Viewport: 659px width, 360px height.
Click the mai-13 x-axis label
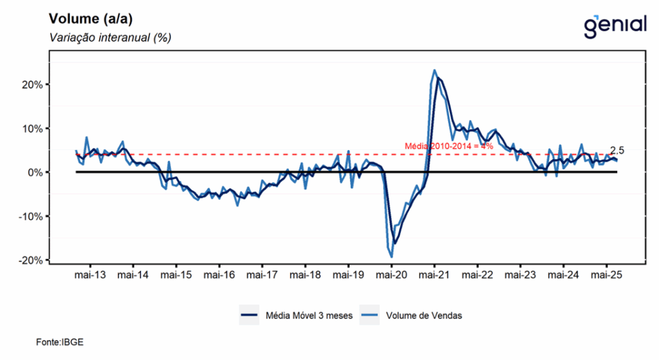coord(89,275)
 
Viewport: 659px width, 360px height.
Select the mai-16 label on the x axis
coord(219,275)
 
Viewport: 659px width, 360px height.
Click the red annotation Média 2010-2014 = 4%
coord(449,146)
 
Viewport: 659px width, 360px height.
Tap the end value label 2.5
coord(617,150)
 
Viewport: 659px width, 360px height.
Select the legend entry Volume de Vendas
coord(424,316)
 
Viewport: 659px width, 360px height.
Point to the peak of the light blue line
coord(434,70)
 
